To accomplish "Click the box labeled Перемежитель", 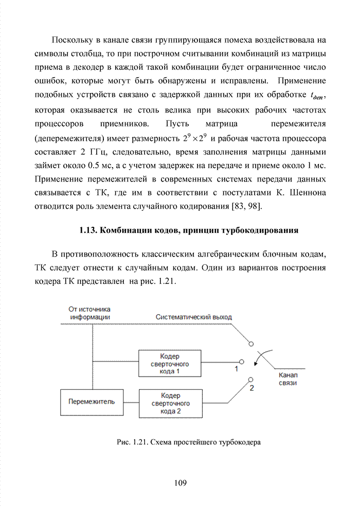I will coord(92,402).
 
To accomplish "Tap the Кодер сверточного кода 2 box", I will coord(170,403).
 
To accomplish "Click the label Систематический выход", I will coord(194,317).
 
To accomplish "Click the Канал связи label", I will coord(287,379).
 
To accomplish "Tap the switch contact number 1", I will coord(237,369).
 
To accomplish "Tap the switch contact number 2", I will coord(251,388).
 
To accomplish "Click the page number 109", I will coord(180,483).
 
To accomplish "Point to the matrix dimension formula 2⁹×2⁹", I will coord(195,138).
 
